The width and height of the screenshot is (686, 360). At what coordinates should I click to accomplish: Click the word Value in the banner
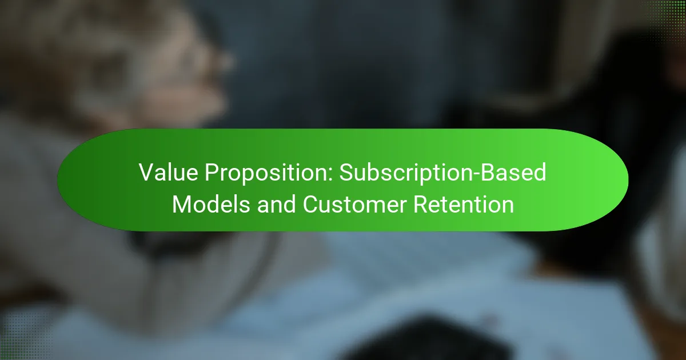tap(169, 173)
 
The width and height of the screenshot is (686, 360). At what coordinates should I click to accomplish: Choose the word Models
tap(211, 204)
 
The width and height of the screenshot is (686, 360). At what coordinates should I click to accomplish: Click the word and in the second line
tap(276, 204)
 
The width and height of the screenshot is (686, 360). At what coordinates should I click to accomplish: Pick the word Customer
tap(354, 204)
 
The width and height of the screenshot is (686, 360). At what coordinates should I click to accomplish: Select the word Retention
tap(464, 204)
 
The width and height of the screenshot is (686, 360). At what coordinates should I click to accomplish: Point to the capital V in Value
tap(148, 173)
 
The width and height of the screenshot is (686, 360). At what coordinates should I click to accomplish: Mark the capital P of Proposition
tap(212, 173)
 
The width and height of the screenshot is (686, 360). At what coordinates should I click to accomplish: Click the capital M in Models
tap(182, 204)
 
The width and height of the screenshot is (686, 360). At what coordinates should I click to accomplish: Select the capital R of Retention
tap(422, 204)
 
